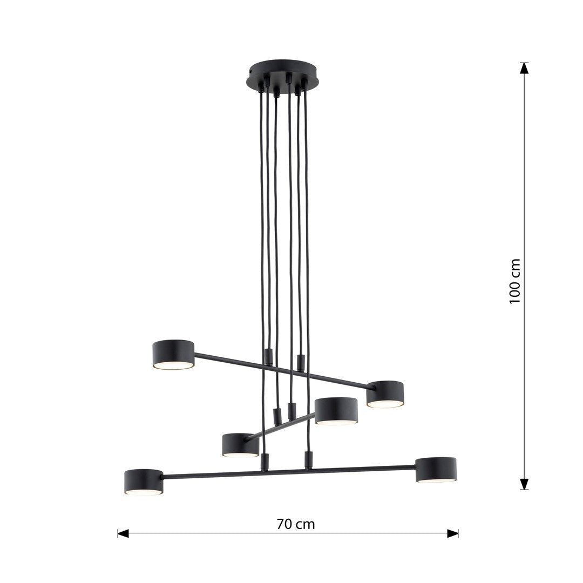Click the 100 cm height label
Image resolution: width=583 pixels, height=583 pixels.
pos(515,281)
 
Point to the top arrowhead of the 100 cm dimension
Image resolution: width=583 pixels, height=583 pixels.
pos(524,68)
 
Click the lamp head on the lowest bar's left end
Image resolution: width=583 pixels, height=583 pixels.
pos(144,480)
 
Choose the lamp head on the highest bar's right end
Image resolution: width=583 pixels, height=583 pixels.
pos(385,392)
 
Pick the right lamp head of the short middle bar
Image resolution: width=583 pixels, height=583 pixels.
pos(336,410)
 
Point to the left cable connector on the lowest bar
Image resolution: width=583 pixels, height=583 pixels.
pos(265,462)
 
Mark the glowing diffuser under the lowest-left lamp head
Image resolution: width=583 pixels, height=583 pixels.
pos(144,492)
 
